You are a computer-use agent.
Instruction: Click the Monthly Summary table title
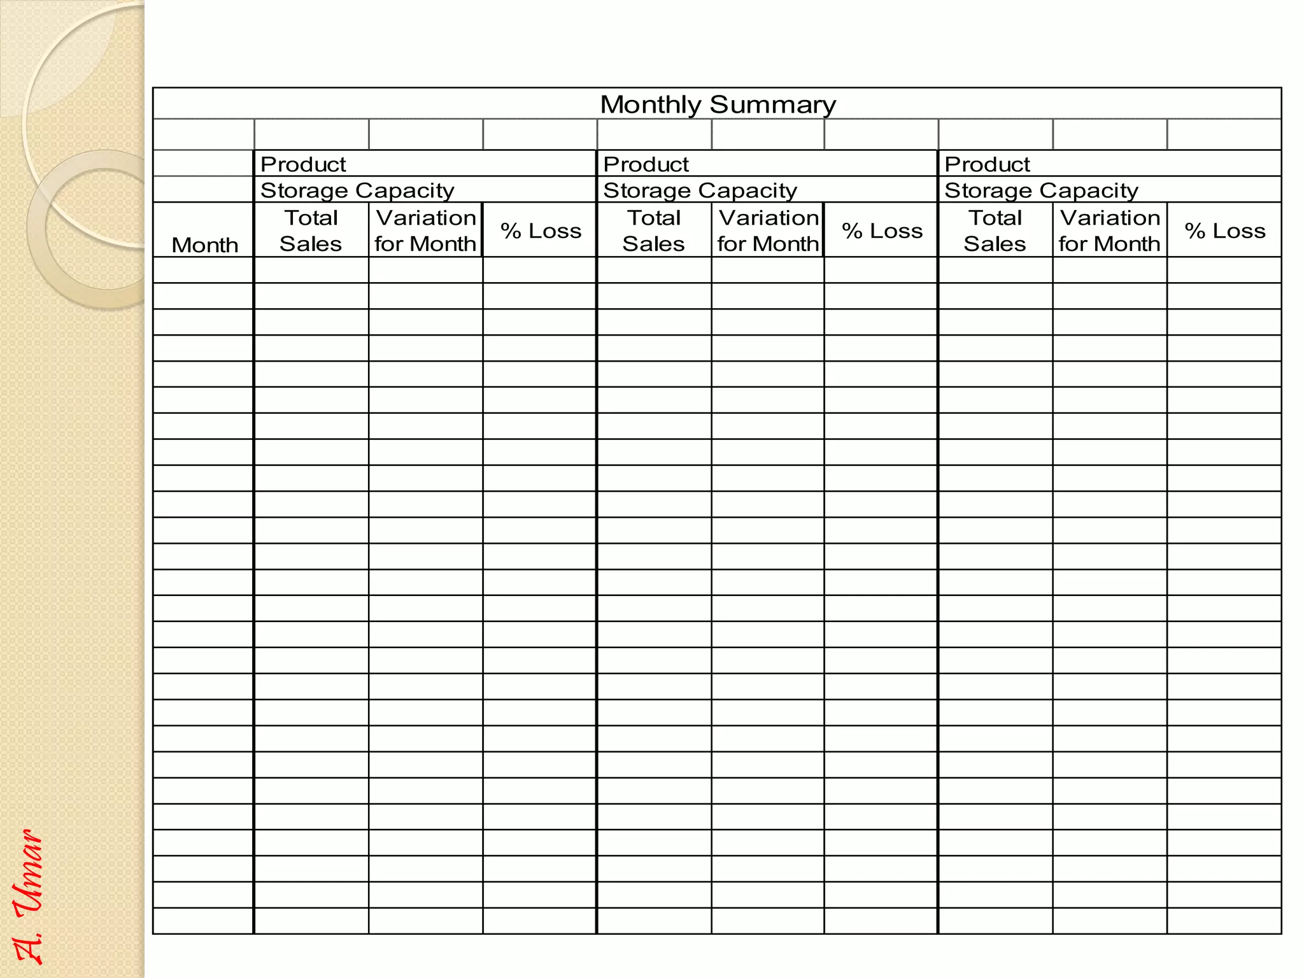(x=718, y=104)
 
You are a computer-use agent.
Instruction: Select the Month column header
(x=204, y=244)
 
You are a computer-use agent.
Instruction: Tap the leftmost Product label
(x=303, y=164)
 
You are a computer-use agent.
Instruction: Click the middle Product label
(x=646, y=164)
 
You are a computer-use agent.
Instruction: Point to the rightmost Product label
(x=987, y=164)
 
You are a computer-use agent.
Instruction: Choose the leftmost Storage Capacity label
(x=357, y=190)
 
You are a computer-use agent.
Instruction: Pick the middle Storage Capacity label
(x=700, y=190)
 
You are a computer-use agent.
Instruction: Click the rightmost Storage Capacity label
(x=1041, y=190)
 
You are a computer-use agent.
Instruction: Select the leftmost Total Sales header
(x=311, y=230)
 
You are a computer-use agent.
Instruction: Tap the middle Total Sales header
(x=654, y=230)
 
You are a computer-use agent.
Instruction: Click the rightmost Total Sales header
(x=995, y=230)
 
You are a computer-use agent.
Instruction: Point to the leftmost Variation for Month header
(x=425, y=230)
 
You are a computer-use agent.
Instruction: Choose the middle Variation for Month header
(x=768, y=230)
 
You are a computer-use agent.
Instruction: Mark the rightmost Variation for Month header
(x=1110, y=230)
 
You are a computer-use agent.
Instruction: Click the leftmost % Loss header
(x=541, y=230)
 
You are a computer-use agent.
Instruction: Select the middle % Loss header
(x=882, y=230)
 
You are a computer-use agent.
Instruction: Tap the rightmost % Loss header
(x=1225, y=230)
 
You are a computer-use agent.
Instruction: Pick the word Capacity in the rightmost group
(x=1088, y=190)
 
